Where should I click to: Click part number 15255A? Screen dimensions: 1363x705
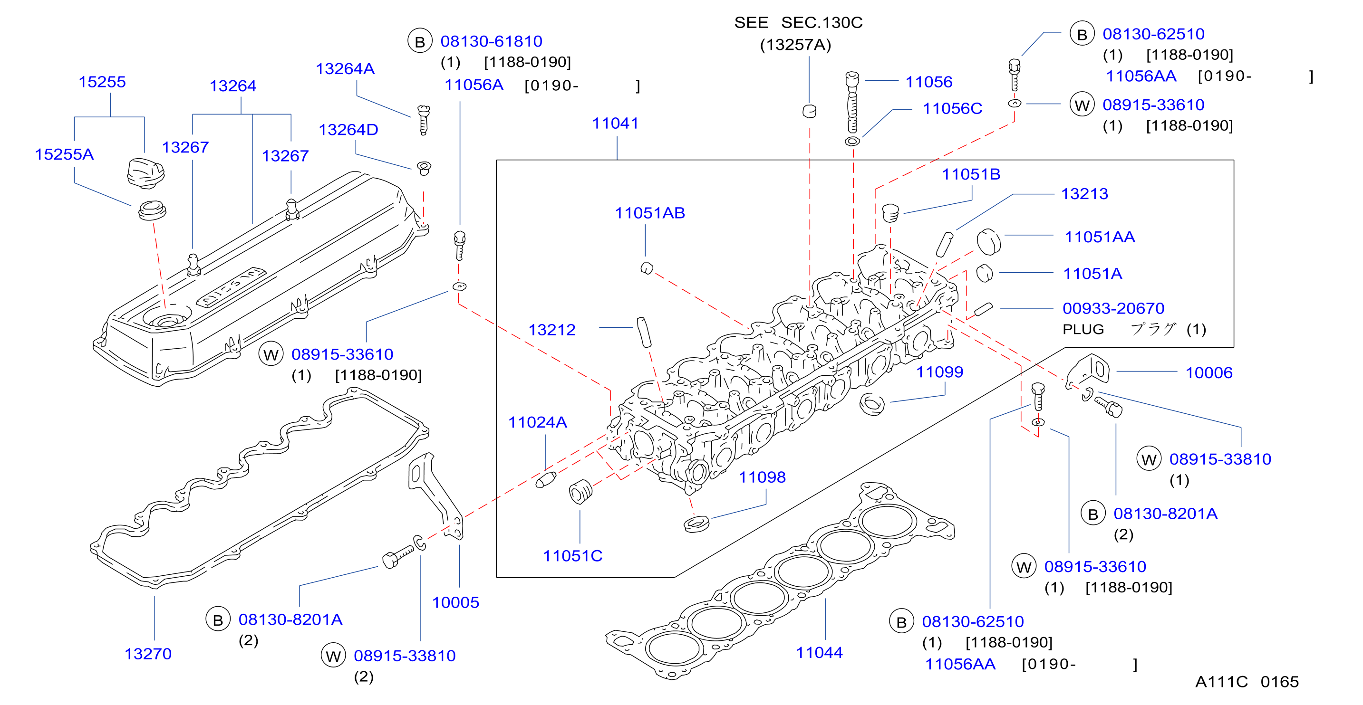[x=64, y=154]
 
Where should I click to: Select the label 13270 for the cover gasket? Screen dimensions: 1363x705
[x=148, y=654]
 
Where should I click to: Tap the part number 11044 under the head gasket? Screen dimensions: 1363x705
[x=819, y=653]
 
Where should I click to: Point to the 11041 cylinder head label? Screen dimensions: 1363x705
[x=615, y=123]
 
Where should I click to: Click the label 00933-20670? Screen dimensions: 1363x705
[x=1113, y=308]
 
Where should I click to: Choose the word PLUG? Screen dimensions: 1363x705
[x=1083, y=330]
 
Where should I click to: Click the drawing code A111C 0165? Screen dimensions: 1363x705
[x=1247, y=682]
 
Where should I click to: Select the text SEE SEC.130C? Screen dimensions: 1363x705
[x=798, y=23]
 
